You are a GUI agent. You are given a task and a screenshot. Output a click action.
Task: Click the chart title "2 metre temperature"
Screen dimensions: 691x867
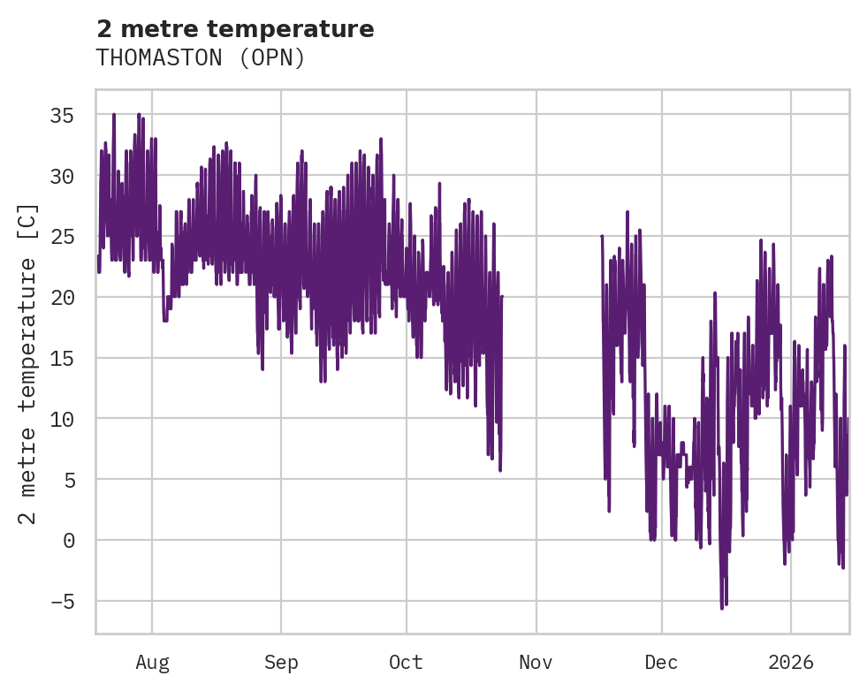(235, 29)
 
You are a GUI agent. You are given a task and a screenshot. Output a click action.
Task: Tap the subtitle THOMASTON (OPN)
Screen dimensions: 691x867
(201, 57)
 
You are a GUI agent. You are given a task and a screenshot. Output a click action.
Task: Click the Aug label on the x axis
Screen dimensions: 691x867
(152, 662)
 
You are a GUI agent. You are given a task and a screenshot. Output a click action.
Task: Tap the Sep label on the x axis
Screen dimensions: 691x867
(281, 662)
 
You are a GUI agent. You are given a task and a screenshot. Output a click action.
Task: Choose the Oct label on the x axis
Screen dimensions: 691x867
(407, 662)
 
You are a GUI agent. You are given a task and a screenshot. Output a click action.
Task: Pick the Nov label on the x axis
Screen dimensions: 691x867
(536, 662)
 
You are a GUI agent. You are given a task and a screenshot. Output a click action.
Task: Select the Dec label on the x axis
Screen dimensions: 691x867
(661, 662)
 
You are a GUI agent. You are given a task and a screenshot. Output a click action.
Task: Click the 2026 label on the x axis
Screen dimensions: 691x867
(790, 662)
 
